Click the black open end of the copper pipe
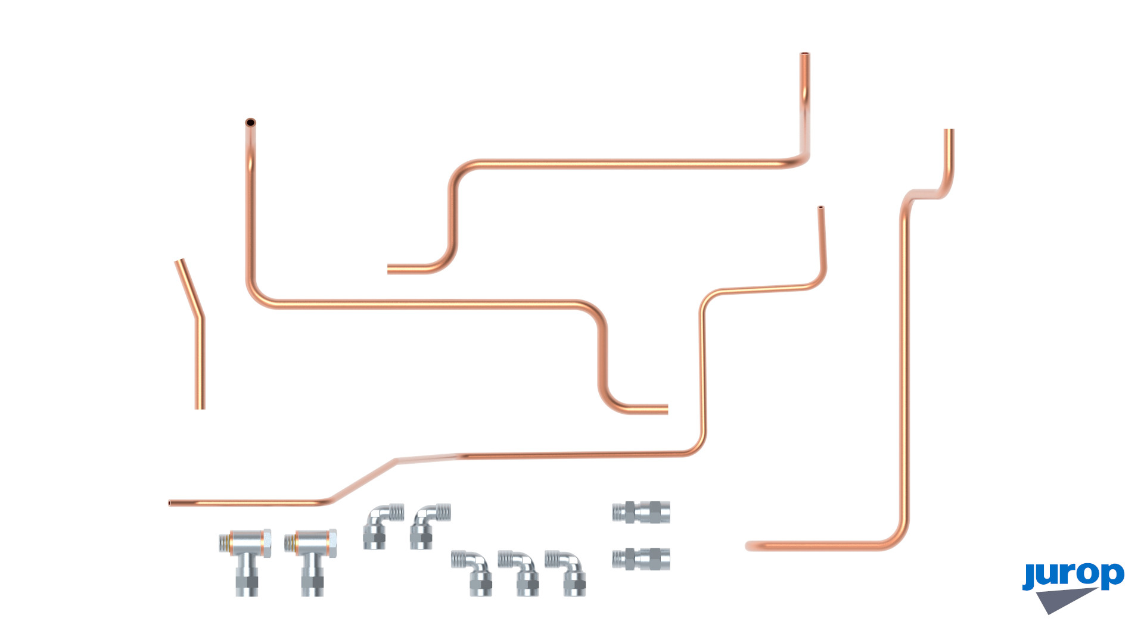250,123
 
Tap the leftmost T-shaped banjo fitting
245,561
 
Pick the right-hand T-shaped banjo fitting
310,561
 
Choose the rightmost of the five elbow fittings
567,572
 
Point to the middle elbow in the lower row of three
520,572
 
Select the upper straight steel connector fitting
641,512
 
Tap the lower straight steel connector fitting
641,559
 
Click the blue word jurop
1073,576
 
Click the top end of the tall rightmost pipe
949,130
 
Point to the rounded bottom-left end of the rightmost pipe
748,546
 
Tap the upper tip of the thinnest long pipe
820,208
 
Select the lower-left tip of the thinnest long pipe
170,503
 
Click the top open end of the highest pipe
804,55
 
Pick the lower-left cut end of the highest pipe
389,269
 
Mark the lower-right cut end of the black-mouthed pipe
666,409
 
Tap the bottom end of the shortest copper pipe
200,408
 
